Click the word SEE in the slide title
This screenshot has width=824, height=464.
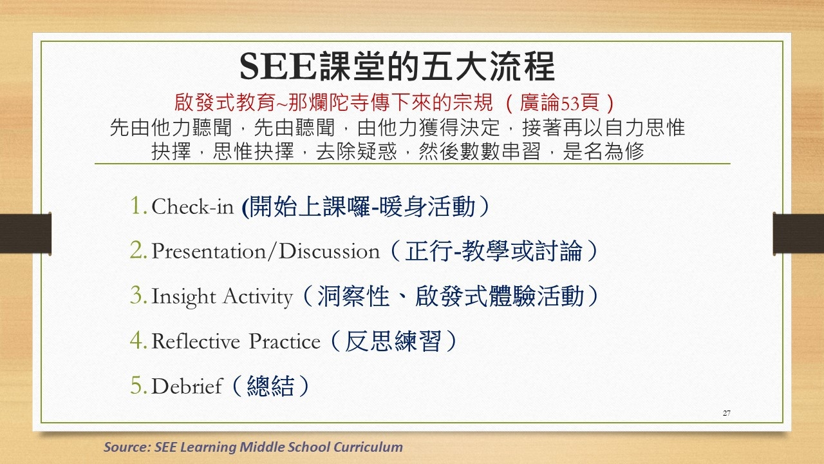tap(278, 66)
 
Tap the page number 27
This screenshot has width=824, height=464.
tap(727, 413)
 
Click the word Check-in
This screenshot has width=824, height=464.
tap(192, 207)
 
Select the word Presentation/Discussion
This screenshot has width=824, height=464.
tap(266, 251)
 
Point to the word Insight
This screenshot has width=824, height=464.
tap(183, 297)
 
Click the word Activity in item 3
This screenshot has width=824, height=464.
tap(258, 297)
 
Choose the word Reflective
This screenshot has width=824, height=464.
tap(196, 341)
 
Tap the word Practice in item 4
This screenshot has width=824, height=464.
tap(285, 341)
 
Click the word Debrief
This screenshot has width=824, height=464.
tap(187, 386)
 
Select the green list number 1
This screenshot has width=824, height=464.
tap(138, 206)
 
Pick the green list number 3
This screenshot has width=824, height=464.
tap(138, 295)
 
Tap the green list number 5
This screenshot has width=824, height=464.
tap(138, 385)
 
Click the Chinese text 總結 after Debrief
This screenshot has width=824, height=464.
tap(270, 385)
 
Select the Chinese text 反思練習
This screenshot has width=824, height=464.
tap(393, 341)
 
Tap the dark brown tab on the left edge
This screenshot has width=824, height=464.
tap(25, 233)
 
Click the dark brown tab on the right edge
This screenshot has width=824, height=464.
tap(798, 234)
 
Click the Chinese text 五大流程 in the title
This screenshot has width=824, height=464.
tap(487, 66)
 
